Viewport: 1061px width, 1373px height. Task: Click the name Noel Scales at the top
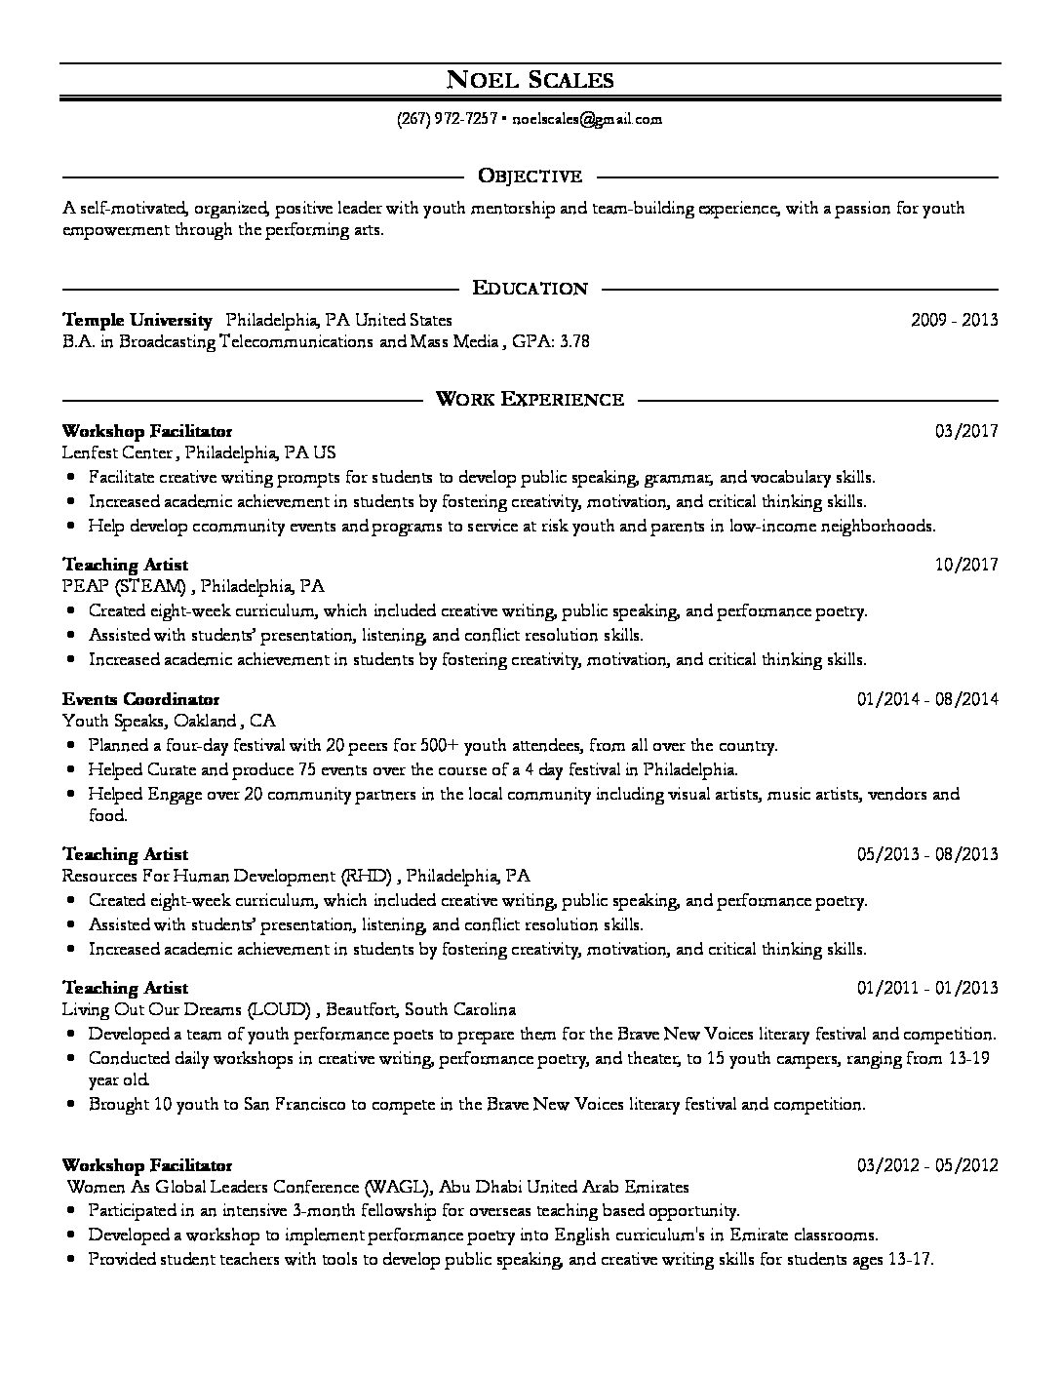tap(530, 79)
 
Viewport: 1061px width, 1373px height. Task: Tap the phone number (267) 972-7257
tap(448, 119)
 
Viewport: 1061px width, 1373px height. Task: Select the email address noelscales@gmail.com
tap(587, 119)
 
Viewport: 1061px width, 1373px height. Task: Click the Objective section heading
tap(530, 177)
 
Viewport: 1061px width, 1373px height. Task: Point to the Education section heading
tap(530, 288)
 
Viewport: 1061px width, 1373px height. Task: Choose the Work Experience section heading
tap(530, 399)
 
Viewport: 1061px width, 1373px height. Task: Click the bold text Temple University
tap(138, 320)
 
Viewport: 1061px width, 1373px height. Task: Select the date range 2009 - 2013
tap(954, 320)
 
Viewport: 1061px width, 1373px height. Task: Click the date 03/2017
tap(966, 430)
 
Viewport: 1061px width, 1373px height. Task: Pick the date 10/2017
tap(966, 565)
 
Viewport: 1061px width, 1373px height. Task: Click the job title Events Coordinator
tap(141, 699)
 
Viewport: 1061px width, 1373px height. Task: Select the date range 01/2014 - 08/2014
tap(927, 699)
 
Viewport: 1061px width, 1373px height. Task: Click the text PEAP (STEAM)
tap(124, 587)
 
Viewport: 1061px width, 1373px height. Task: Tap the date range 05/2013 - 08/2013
tap(927, 854)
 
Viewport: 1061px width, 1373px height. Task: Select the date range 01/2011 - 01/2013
tap(927, 988)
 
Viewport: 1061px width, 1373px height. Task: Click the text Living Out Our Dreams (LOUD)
tap(186, 1010)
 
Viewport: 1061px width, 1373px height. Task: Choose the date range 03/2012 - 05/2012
tap(927, 1165)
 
